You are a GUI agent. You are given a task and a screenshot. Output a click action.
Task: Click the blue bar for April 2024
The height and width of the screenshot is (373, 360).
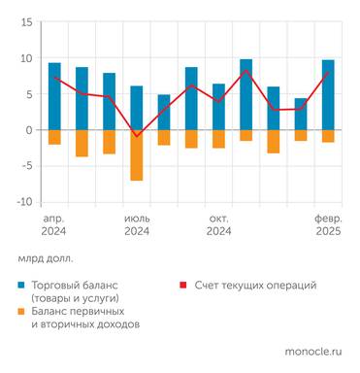point(54,96)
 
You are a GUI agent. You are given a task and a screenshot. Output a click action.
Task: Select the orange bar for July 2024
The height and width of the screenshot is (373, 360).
point(137,154)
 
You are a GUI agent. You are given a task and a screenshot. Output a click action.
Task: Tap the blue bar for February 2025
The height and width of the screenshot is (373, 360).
point(328,95)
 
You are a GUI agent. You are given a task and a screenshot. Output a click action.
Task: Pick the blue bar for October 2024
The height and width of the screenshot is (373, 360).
point(219,107)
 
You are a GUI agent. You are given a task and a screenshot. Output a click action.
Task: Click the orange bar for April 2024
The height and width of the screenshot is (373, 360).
point(54,137)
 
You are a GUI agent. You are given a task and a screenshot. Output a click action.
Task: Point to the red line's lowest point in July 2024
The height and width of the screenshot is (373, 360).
point(137,136)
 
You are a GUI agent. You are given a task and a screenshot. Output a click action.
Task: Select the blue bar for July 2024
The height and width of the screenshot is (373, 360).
point(137,108)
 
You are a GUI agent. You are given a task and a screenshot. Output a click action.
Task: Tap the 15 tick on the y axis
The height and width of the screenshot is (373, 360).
point(26,22)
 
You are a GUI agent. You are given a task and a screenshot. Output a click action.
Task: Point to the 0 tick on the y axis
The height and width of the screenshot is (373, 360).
point(29,130)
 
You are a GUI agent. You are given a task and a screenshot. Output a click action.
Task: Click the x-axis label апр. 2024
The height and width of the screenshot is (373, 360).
point(54,225)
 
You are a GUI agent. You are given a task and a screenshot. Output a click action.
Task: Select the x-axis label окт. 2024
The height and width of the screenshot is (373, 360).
point(219,225)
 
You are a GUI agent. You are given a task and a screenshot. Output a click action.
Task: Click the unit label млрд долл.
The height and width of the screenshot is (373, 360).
point(45,259)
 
